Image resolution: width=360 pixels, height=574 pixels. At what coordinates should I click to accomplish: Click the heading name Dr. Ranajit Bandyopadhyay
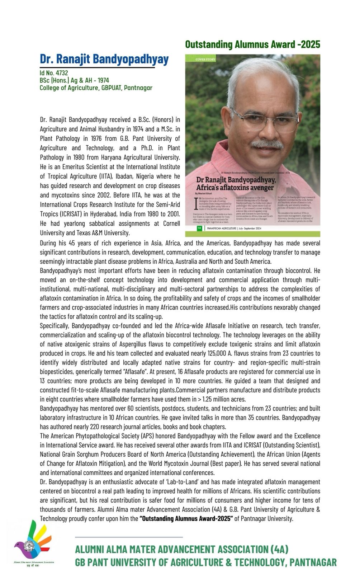pyautogui.click(x=104, y=59)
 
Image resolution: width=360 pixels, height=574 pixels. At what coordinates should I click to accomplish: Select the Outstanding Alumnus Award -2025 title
pyautogui.click(x=252, y=44)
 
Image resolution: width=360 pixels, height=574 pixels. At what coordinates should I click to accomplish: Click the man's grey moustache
pyautogui.click(x=267, y=145)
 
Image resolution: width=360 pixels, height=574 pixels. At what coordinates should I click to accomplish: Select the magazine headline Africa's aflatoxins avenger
pyautogui.click(x=235, y=188)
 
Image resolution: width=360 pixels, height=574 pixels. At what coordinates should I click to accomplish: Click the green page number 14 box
pyautogui.click(x=199, y=228)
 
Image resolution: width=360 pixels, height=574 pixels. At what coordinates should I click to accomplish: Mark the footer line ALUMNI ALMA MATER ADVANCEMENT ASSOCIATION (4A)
pyautogui.click(x=182, y=549)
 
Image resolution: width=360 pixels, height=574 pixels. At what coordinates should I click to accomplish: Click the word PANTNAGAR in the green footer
pyautogui.click(x=313, y=562)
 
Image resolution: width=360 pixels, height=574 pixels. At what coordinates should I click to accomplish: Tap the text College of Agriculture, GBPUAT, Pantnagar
pyautogui.click(x=96, y=88)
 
